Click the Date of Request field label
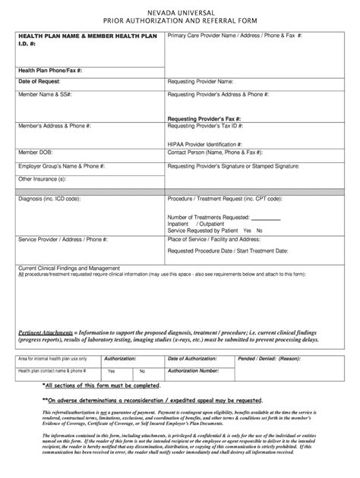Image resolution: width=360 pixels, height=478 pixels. click(39, 80)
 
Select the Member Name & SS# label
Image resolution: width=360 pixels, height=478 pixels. click(44, 96)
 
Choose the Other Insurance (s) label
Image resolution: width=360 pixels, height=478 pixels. click(42, 179)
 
